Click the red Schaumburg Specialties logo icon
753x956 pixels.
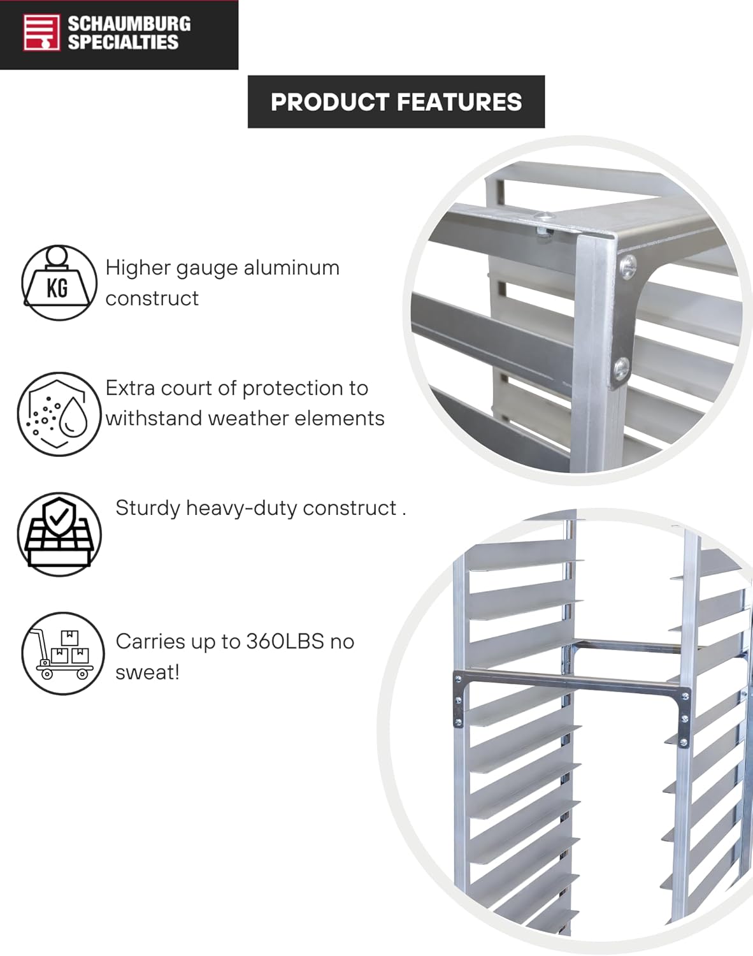pyautogui.click(x=41, y=33)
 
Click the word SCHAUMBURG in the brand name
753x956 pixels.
pyautogui.click(x=129, y=24)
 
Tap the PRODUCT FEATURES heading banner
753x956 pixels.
pyautogui.click(x=396, y=102)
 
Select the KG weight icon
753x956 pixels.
pyautogui.click(x=59, y=283)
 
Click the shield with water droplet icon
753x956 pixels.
pyautogui.click(x=59, y=414)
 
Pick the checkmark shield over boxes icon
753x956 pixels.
pyautogui.click(x=59, y=534)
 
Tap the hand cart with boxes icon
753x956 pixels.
pyautogui.click(x=62, y=653)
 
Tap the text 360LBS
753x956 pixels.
pyautogui.click(x=285, y=641)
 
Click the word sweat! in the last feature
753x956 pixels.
pyautogui.click(x=147, y=672)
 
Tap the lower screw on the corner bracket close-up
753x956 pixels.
pyautogui.click(x=621, y=367)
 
